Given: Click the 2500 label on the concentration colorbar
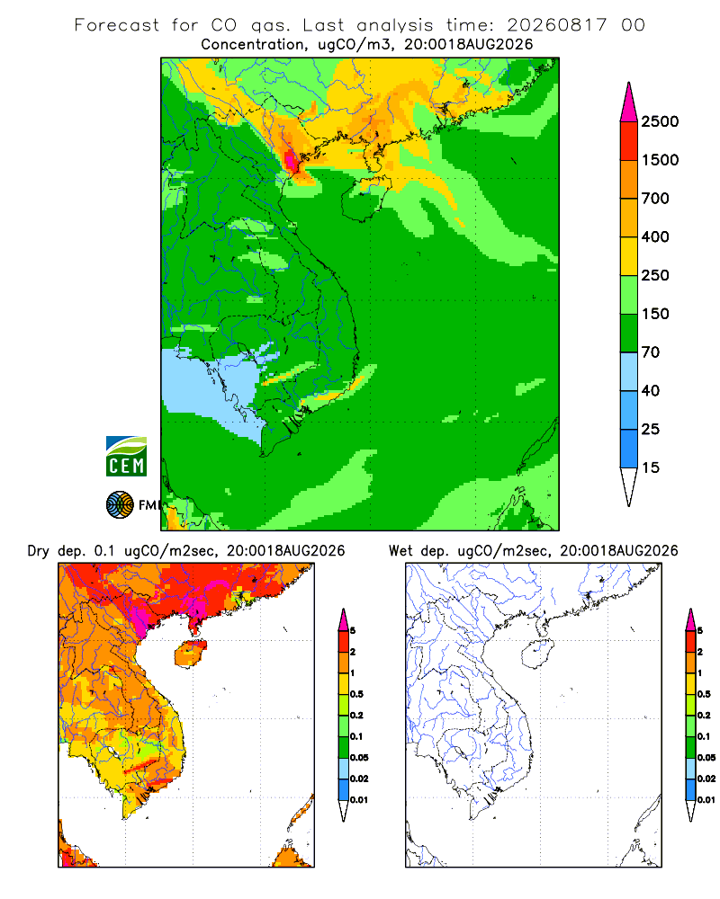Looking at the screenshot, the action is [x=660, y=121].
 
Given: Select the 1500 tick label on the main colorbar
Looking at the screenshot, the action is [x=660, y=160].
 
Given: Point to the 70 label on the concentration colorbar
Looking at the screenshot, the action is [x=650, y=352].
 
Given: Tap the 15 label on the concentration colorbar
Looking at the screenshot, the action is [x=650, y=467].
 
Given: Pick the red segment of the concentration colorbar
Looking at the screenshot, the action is [x=629, y=141].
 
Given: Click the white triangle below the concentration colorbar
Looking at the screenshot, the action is [x=629, y=485].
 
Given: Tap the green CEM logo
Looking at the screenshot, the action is [x=126, y=457].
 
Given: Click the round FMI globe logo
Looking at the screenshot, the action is [x=120, y=505].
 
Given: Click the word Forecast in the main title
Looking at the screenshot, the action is [x=117, y=25].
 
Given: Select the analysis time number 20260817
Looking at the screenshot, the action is [x=556, y=25].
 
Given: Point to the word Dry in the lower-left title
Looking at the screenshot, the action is [x=39, y=552].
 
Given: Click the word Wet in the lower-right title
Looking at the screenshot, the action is [x=400, y=551].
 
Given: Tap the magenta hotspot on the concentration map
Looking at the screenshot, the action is [x=291, y=161].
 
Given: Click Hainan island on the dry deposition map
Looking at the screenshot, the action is [x=191, y=654].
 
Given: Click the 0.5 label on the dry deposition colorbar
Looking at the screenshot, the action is [x=356, y=694].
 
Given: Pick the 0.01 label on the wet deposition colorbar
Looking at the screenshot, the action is [x=706, y=800].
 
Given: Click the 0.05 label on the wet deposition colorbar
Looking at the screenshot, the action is [x=706, y=757].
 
